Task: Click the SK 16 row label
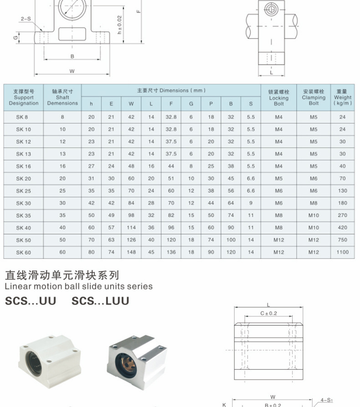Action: [24, 166]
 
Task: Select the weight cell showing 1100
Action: [342, 252]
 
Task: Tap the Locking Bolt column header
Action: [278, 97]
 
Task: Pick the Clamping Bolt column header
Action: [314, 97]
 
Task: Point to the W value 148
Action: [131, 252]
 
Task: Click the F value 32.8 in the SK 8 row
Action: [171, 117]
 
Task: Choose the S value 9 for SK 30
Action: [251, 203]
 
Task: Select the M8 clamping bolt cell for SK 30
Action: [314, 203]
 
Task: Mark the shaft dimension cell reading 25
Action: [62, 191]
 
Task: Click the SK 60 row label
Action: [24, 252]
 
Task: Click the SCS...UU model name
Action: [31, 301]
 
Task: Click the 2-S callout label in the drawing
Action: [26, 19]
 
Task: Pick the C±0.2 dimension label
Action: [268, 313]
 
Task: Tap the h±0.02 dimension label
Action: [120, 25]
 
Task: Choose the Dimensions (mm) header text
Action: [171, 90]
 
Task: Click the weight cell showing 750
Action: [342, 240]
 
